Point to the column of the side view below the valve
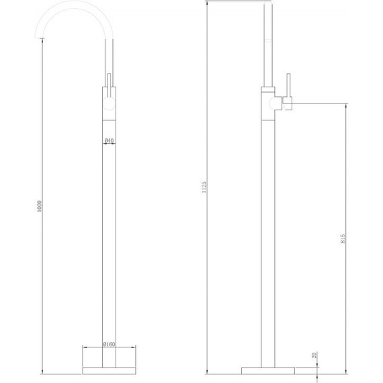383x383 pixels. pyautogui.click(x=268, y=235)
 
